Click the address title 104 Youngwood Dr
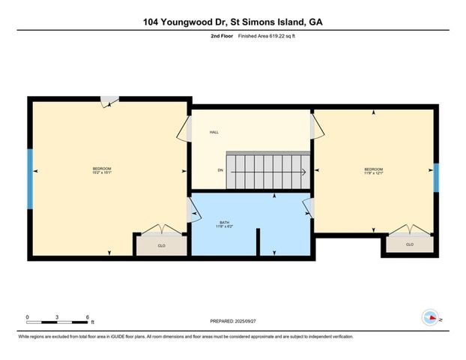[x=232, y=22]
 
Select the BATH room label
[x=225, y=223]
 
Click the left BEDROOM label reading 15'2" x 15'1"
[x=103, y=170]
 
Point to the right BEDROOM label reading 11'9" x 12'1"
[x=373, y=170]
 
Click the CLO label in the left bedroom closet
[x=160, y=245]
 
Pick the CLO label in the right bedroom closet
[x=409, y=244]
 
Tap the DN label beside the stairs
[x=220, y=171]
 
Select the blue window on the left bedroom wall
[x=31, y=178]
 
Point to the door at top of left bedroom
[x=109, y=100]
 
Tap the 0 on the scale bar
[x=27, y=316]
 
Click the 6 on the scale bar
[x=88, y=316]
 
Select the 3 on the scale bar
[x=58, y=316]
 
